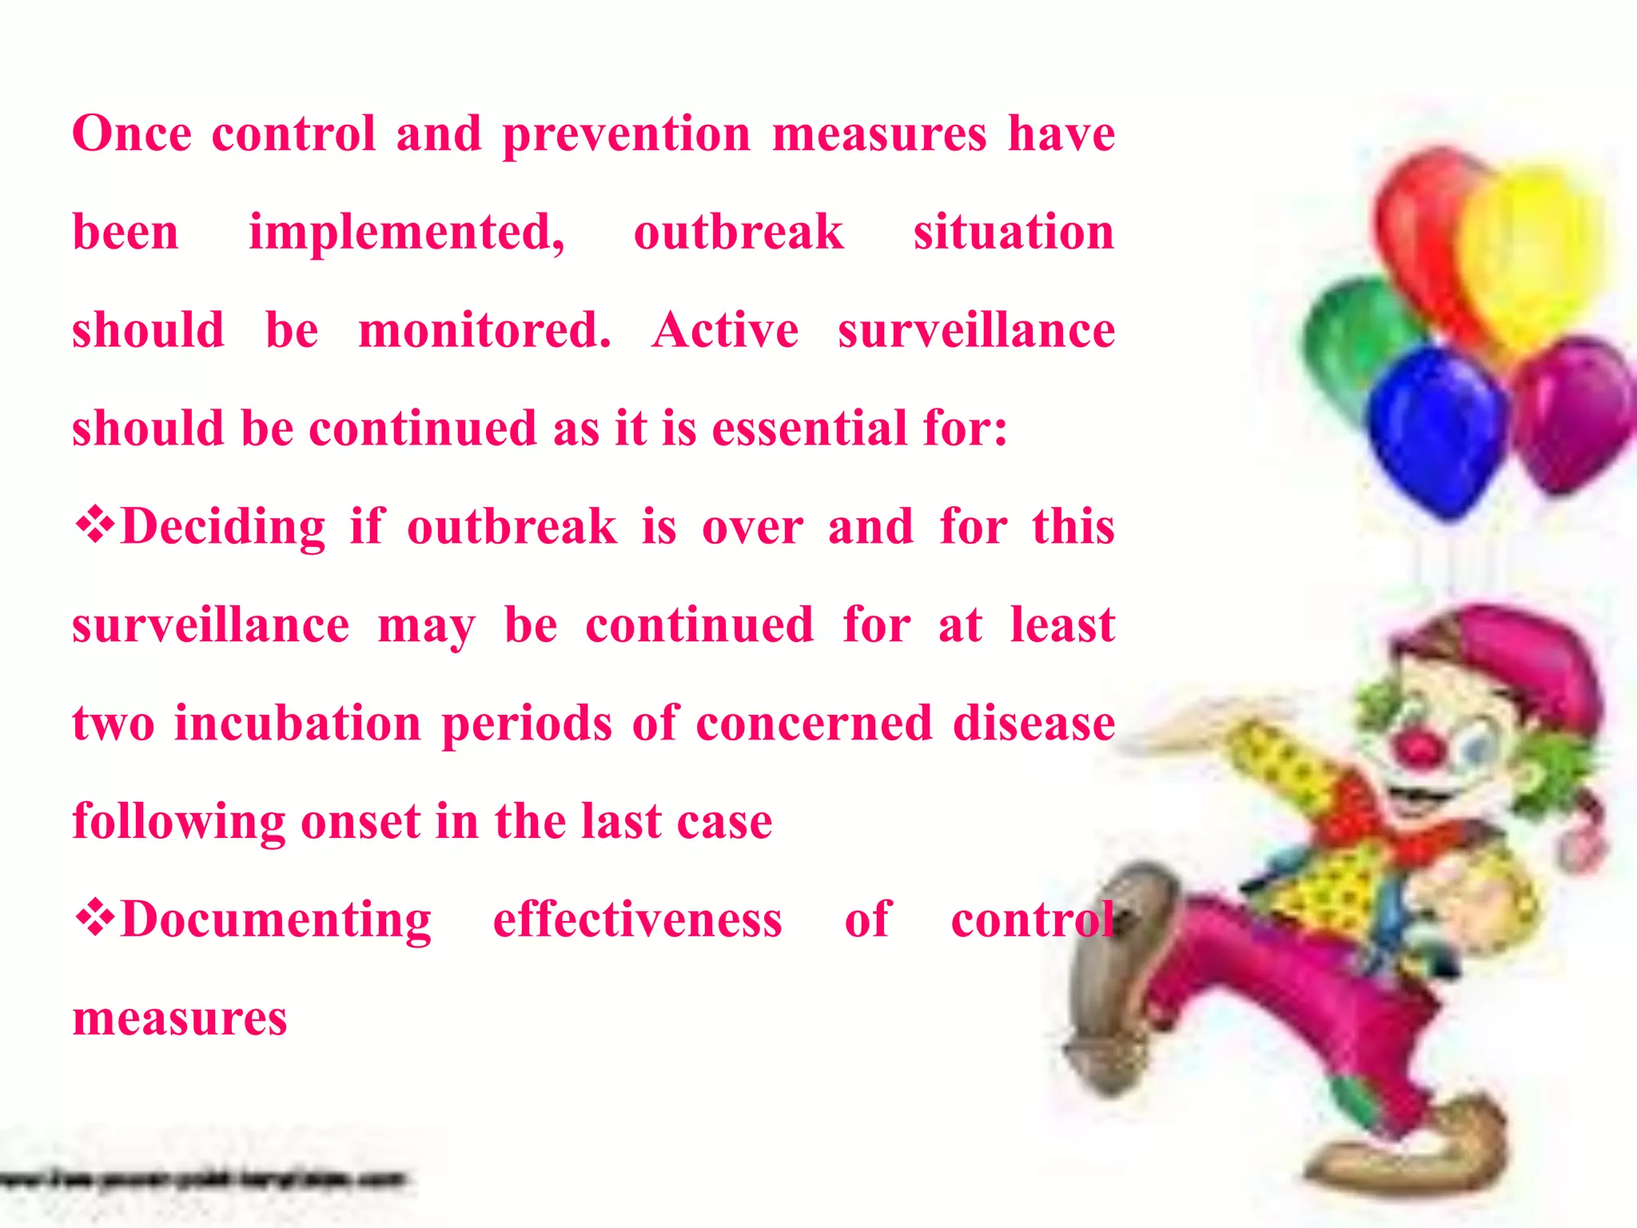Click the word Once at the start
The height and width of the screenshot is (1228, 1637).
132,134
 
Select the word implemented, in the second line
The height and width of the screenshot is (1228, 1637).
406,233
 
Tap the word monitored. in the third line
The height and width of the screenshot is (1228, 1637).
484,330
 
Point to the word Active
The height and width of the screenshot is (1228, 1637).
725,330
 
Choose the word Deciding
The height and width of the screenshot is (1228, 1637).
223,527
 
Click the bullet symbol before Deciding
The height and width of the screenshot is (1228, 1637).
94,526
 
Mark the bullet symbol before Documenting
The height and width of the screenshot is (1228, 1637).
94,919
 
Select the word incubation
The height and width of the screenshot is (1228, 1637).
297,724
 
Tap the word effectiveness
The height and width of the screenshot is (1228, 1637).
637,919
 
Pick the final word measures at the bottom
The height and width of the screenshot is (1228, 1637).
179,1019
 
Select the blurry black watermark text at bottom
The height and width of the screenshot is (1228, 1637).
204,1180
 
